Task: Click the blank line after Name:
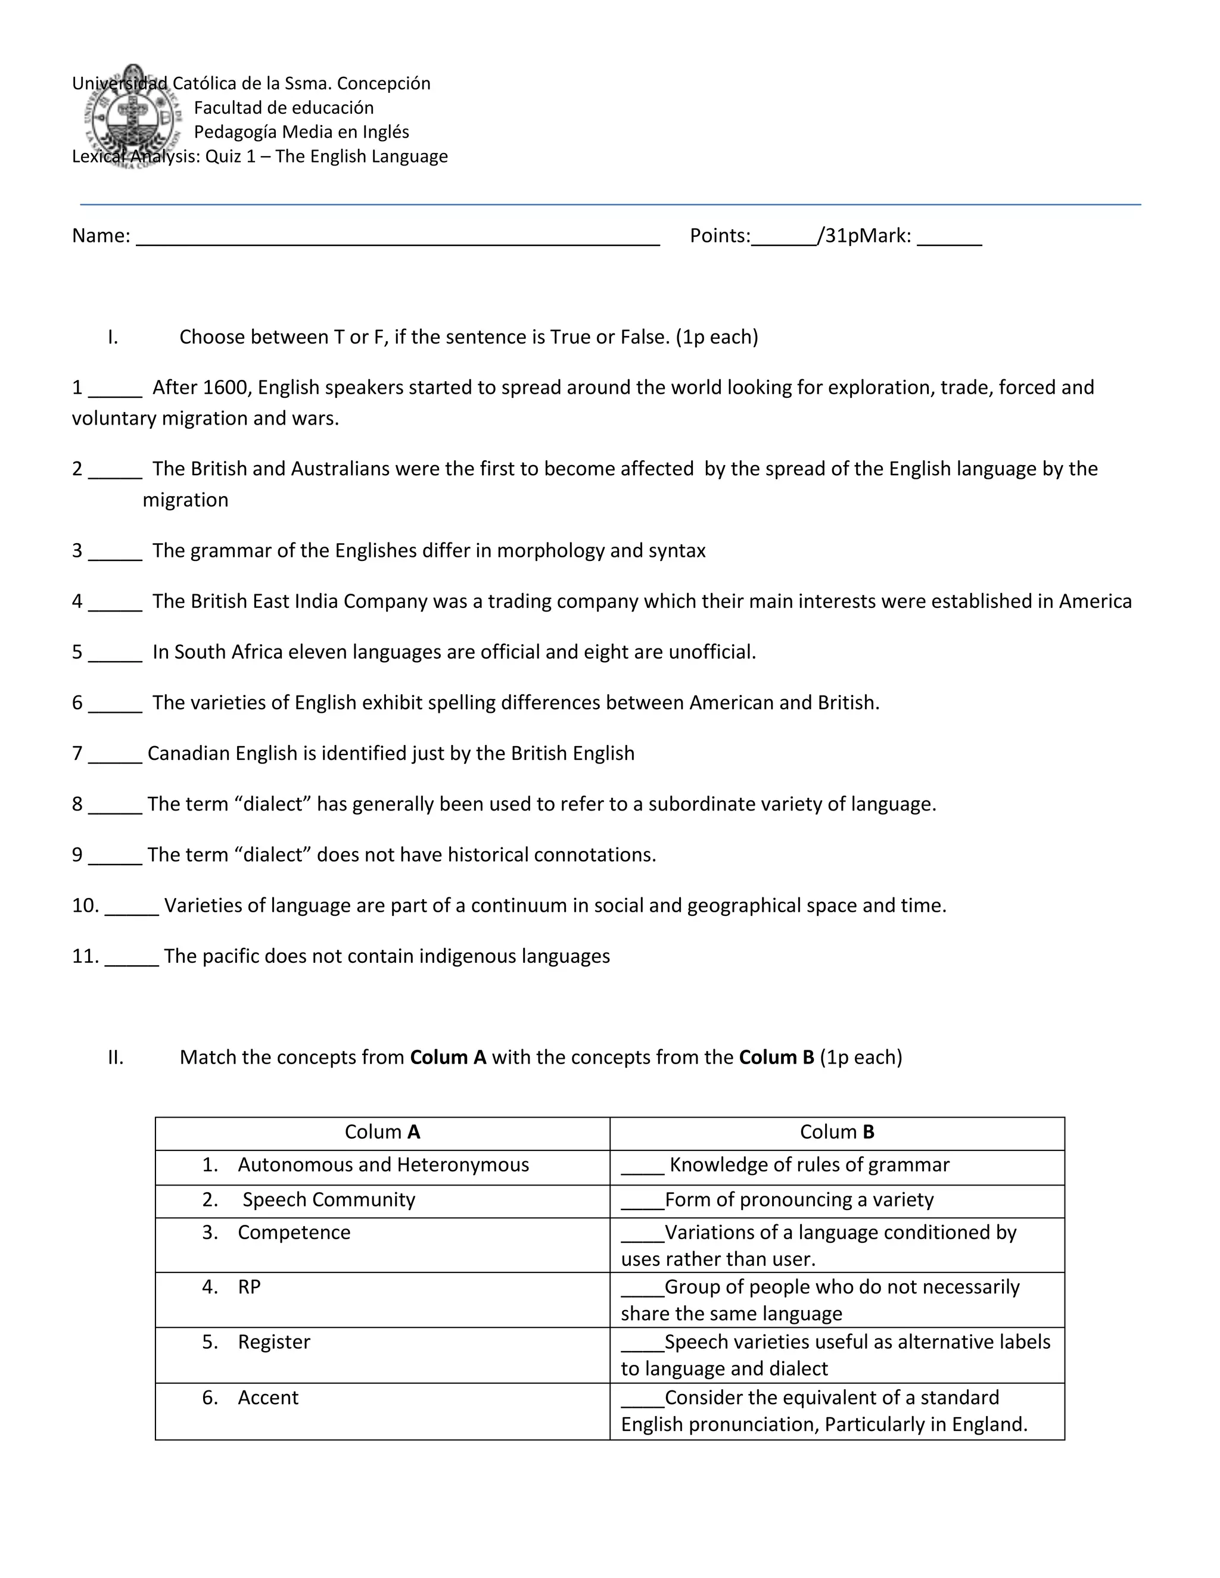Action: (x=397, y=238)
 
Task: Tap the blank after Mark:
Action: (x=949, y=238)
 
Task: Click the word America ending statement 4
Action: (x=1095, y=601)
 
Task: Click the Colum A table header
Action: (x=382, y=1131)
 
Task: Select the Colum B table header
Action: (x=836, y=1131)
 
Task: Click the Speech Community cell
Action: (x=329, y=1199)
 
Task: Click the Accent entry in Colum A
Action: (x=267, y=1398)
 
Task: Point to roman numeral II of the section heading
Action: (x=116, y=1058)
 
